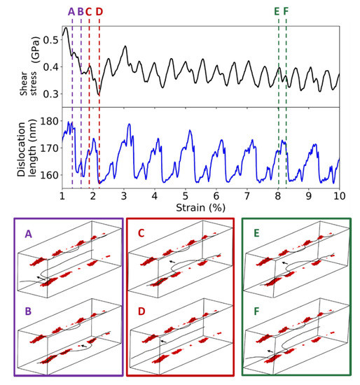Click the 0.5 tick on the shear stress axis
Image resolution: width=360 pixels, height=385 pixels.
(x=50, y=40)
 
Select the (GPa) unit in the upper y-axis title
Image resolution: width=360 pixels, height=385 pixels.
(x=34, y=52)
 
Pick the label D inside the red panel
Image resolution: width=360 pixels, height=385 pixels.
(x=141, y=311)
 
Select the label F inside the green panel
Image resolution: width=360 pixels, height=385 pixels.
(x=257, y=311)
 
